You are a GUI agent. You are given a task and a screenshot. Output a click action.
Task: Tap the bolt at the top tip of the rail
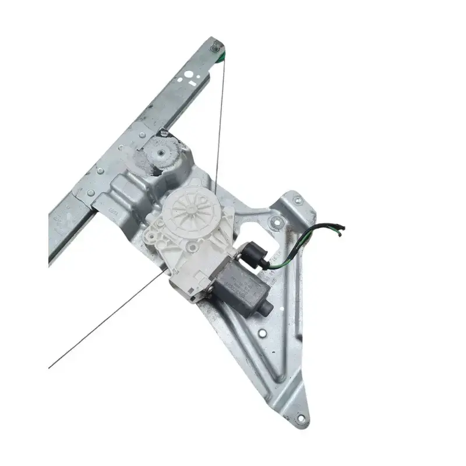point(216,44)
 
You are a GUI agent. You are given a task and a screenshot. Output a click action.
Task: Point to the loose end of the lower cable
point(50,368)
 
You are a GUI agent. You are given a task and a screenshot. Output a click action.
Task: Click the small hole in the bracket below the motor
point(262,333)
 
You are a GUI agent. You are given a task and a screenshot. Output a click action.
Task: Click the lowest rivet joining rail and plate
point(90,192)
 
